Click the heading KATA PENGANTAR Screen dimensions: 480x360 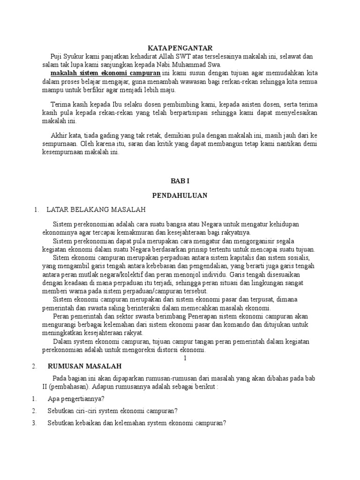180,48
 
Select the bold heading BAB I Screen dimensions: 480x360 180,180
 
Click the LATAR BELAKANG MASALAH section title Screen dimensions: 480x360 96,209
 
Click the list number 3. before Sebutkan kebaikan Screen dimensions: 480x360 34,422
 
